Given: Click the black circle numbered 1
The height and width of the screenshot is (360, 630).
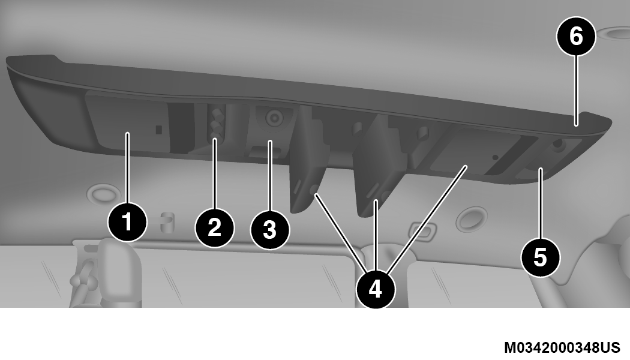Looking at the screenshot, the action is click(127, 222).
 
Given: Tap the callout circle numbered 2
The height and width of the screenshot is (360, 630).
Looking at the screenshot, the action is click(215, 227).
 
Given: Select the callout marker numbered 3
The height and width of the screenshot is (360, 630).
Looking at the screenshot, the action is click(269, 230).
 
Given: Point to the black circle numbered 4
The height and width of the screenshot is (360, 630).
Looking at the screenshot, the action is click(375, 289).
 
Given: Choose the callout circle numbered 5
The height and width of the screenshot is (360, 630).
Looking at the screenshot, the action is click(541, 257).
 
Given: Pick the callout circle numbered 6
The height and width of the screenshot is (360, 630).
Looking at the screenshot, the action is click(576, 36).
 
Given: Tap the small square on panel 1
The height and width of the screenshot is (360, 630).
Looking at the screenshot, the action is click(159, 130).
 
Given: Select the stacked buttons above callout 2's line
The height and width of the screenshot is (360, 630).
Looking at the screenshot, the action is click(216, 122).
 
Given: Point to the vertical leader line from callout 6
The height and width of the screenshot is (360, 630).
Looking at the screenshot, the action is click(576, 91).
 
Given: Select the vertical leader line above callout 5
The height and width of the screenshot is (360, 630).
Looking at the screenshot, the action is click(541, 204).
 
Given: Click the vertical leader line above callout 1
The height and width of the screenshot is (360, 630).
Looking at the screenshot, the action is click(127, 168).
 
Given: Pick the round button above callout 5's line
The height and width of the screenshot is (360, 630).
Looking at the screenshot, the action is click(557, 143).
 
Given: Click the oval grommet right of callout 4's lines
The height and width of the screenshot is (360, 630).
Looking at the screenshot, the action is click(473, 218).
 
